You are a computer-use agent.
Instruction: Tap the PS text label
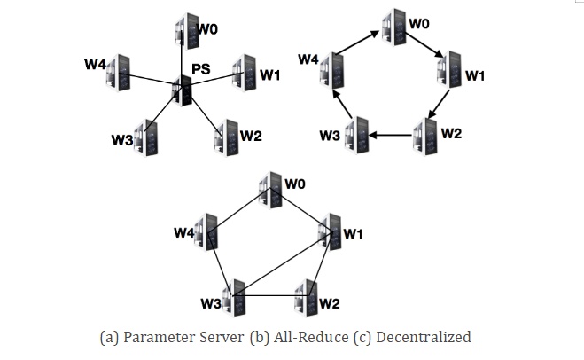click(200, 69)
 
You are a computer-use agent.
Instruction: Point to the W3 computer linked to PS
click(144, 137)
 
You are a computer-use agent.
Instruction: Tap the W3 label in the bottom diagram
click(210, 304)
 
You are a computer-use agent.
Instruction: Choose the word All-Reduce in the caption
click(302, 337)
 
